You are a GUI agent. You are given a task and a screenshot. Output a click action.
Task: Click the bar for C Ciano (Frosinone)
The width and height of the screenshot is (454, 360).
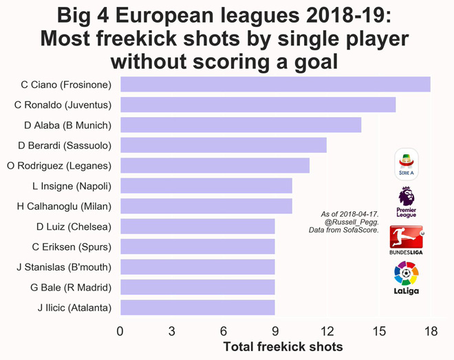click(275, 85)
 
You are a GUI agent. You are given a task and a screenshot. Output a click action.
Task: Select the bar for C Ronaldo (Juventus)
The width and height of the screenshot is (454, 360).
click(258, 105)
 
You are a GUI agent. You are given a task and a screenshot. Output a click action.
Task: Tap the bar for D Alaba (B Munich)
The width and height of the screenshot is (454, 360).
click(241, 125)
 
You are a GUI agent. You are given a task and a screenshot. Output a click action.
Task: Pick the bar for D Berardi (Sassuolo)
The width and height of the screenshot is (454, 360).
click(224, 145)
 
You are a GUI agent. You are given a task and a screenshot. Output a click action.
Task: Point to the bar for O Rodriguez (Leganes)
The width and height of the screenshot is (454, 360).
click(215, 165)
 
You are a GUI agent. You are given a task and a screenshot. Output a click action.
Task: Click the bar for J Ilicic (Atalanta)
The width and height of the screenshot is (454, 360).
click(197, 307)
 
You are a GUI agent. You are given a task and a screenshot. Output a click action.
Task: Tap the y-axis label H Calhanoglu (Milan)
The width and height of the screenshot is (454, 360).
click(64, 206)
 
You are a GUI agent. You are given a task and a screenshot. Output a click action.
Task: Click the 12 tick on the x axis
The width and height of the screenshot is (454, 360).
click(327, 331)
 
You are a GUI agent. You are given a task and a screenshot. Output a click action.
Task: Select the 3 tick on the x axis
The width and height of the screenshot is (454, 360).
click(172, 331)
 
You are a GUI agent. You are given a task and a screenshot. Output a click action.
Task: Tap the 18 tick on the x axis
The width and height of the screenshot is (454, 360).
click(431, 331)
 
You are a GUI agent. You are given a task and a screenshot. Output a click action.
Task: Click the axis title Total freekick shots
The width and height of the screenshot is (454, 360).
click(283, 347)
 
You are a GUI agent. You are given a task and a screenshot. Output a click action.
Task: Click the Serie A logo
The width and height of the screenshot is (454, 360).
click(407, 165)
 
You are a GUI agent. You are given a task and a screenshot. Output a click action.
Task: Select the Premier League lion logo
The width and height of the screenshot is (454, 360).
click(407, 201)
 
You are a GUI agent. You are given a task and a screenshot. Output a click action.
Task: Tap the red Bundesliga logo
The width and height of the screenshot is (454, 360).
click(406, 239)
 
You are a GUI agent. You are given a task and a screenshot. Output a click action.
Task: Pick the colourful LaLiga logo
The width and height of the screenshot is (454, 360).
click(406, 278)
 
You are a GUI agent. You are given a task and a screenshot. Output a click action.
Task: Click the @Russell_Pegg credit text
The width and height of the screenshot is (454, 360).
click(351, 222)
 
